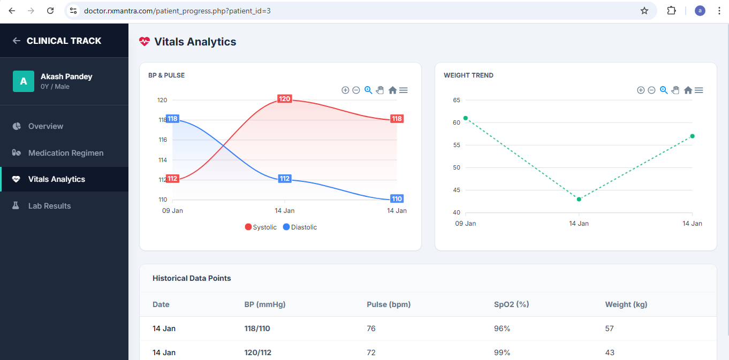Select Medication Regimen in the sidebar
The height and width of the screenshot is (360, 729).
coord(65,153)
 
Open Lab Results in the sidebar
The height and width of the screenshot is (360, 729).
coord(49,206)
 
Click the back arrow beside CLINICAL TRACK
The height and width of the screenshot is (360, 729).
coord(17,41)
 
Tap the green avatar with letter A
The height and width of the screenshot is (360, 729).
coord(23,81)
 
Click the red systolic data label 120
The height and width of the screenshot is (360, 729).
coord(284,99)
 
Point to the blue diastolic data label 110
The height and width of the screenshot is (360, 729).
coord(397,199)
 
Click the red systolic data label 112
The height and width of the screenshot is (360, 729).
coord(172,179)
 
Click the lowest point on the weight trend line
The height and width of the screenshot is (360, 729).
coord(579,199)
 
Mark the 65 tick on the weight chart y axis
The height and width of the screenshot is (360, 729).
coord(457,100)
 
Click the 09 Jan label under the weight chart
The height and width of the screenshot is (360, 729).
coord(466,224)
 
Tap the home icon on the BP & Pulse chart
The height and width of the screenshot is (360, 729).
coord(392,90)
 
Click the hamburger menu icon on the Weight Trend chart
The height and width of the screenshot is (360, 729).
coord(698,90)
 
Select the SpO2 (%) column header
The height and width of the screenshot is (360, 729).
coord(511,304)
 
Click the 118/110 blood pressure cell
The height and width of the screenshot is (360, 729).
coord(257,328)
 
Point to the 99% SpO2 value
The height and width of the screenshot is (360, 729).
coord(502,353)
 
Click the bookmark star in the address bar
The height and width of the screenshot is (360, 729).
coord(644,11)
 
